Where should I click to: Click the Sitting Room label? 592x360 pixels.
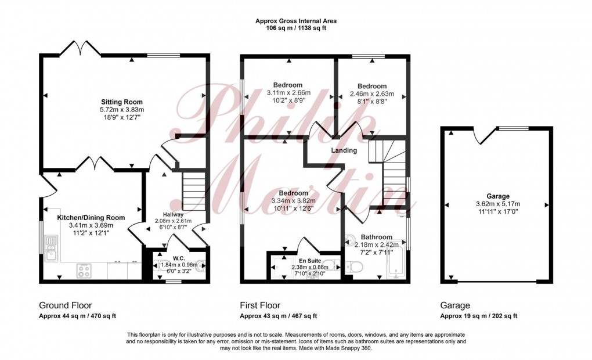121,102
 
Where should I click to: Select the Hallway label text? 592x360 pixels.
172,215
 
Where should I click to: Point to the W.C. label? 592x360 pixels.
179,259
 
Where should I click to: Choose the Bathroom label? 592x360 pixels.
376,237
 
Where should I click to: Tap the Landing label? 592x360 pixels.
344,151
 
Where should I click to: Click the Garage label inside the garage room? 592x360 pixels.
497,196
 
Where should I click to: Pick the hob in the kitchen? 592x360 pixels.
85,270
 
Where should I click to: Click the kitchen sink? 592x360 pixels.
51,251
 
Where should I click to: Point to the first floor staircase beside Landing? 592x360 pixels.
395,174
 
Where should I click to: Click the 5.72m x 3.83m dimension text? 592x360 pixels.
121,110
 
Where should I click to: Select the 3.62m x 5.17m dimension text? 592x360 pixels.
497,204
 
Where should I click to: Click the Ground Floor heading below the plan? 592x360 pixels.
65,305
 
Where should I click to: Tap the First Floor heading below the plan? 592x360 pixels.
260,305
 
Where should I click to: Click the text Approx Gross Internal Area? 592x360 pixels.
296,21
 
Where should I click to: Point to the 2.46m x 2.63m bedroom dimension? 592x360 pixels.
372,94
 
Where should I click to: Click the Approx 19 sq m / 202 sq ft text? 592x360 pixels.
479,316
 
